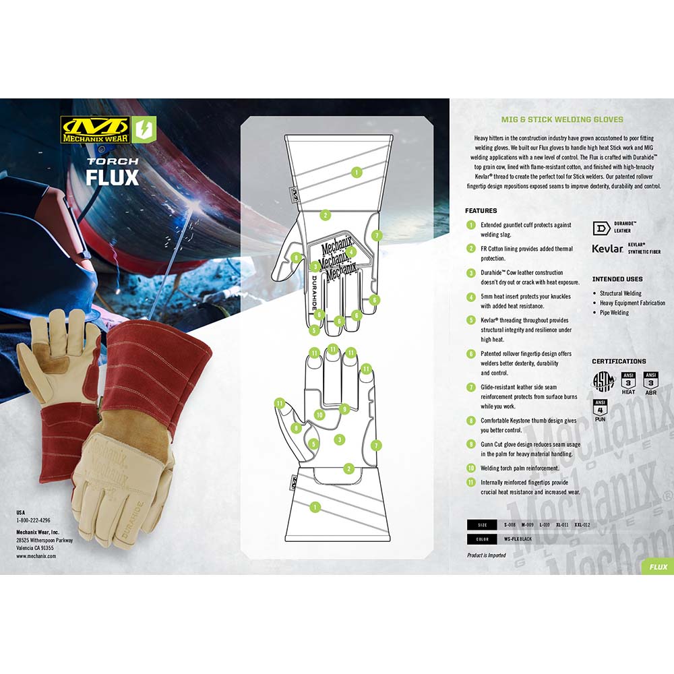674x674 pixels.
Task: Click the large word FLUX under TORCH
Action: click(x=112, y=177)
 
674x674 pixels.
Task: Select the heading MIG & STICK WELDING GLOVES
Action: click(x=561, y=119)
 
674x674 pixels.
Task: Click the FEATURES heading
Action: click(x=481, y=211)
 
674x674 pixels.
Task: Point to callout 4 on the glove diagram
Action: click(x=352, y=251)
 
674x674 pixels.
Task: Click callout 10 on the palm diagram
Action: click(x=320, y=415)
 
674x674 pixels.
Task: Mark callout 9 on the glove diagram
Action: click(x=344, y=408)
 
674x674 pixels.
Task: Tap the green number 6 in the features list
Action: click(x=470, y=354)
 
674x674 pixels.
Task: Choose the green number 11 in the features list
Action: click(x=470, y=483)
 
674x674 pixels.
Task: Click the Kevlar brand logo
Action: click(x=607, y=248)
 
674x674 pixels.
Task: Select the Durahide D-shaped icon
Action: click(x=601, y=227)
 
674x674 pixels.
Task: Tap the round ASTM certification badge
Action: click(x=603, y=382)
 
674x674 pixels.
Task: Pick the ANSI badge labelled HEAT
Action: click(x=628, y=382)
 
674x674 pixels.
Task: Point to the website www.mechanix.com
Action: click(x=36, y=556)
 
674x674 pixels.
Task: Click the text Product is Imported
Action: click(x=487, y=555)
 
